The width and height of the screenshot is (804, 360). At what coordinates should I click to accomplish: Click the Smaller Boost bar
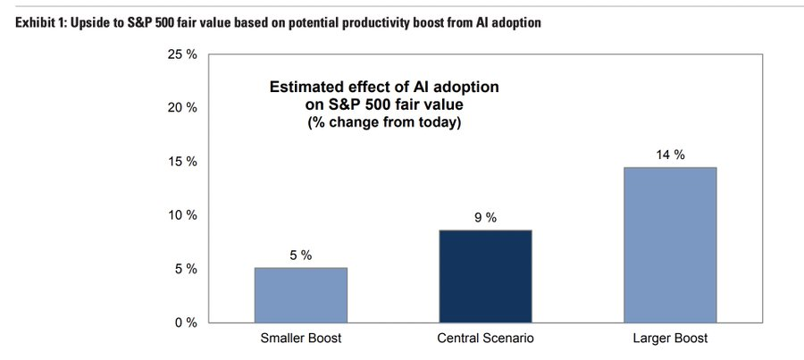click(301, 296)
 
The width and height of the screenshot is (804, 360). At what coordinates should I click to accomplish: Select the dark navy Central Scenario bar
click(486, 276)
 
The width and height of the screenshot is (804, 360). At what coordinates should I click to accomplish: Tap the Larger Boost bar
click(670, 245)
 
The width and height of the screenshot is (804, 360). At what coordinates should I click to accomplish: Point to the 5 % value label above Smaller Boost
click(300, 255)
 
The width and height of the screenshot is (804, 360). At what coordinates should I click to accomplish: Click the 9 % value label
click(485, 217)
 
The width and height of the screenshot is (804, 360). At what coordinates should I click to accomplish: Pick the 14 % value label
click(670, 155)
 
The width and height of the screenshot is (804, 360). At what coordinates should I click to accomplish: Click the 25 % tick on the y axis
click(182, 54)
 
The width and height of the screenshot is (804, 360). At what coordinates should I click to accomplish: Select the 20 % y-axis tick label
click(182, 108)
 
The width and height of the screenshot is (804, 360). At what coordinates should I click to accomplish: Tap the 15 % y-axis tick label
click(182, 162)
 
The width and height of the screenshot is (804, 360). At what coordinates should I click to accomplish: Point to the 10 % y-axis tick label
click(182, 215)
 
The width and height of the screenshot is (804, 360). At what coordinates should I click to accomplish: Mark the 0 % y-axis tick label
click(186, 322)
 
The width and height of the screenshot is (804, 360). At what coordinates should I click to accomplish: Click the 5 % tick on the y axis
click(186, 269)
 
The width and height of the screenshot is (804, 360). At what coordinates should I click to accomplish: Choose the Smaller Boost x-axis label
click(301, 339)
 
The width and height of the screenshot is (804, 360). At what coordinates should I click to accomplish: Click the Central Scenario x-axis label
click(486, 339)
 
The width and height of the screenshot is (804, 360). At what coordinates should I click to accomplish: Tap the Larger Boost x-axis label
click(670, 339)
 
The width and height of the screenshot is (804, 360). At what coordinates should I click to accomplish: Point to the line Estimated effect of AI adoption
click(384, 87)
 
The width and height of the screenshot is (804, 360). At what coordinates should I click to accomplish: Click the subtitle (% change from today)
click(384, 123)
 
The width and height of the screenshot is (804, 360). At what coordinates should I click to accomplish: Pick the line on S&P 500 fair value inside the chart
click(384, 105)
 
